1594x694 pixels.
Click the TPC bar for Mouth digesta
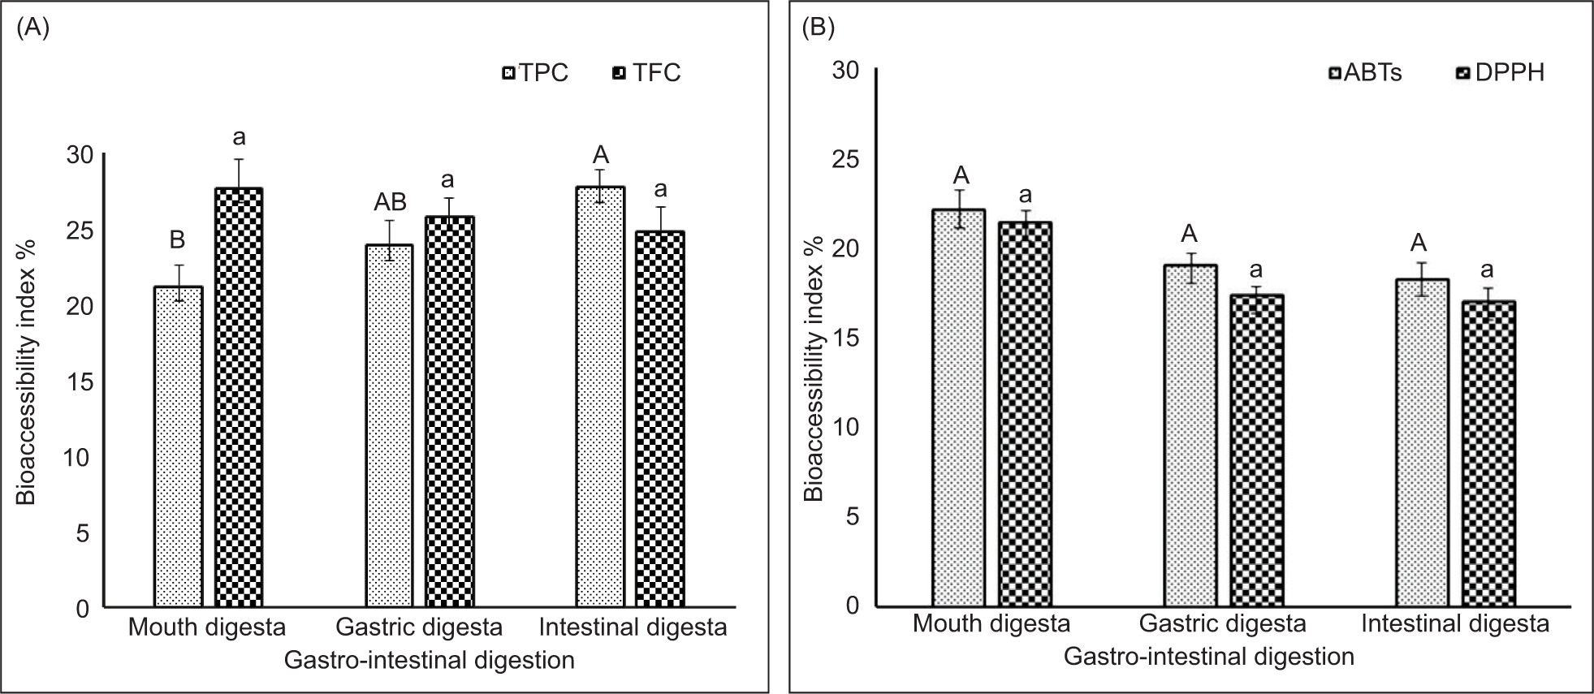pos(178,446)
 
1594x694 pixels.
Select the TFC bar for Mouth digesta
pos(239,398)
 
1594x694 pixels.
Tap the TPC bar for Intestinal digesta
pos(600,397)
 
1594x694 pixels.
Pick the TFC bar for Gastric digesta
pos(450,412)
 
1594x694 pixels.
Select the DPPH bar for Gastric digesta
pos(1257,450)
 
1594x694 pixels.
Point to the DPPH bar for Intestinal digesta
pos(1489,454)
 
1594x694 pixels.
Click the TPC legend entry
pos(536,73)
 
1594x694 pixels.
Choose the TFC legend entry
pos(646,73)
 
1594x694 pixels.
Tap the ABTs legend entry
pos(1364,73)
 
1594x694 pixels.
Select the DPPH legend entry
pos(1499,73)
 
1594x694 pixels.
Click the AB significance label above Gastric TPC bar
pos(389,202)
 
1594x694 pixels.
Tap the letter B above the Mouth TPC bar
pos(177,240)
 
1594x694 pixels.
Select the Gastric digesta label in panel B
pos(1222,624)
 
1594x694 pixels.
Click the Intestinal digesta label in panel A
pos(633,627)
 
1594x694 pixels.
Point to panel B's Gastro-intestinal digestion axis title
pos(1209,656)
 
